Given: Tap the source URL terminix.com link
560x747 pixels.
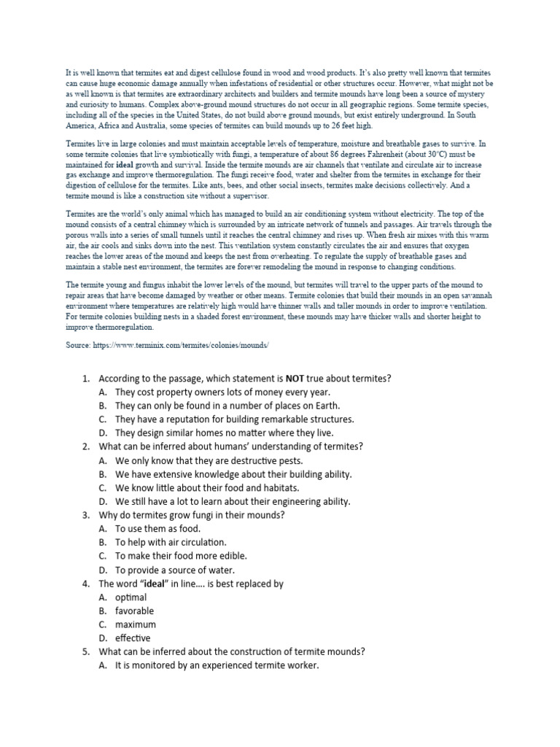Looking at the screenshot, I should click(x=182, y=344).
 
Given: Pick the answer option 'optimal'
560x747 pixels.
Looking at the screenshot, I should click(x=131, y=597).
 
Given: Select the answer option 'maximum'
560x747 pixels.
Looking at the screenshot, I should click(x=136, y=624).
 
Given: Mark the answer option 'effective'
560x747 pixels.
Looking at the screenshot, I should click(x=133, y=638).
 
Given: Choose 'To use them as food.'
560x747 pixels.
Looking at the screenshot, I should click(x=157, y=529).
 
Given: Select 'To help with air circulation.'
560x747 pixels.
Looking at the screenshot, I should click(x=171, y=542).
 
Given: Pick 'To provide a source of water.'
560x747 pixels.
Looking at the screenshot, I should click(x=175, y=570).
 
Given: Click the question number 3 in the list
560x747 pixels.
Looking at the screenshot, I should click(x=85, y=515).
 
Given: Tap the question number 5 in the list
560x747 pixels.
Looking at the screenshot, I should click(x=85, y=651).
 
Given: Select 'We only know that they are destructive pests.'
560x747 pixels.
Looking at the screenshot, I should click(x=208, y=460).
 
